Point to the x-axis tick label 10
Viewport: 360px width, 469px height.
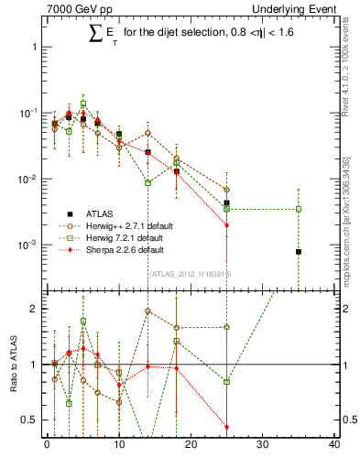click(x=119, y=446)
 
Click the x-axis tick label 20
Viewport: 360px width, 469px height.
click(x=191, y=446)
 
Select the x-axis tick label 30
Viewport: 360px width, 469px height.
click(x=263, y=446)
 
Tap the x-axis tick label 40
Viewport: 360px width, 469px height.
click(x=334, y=446)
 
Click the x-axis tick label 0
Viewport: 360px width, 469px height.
click(x=47, y=446)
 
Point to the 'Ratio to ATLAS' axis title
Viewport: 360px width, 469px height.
click(x=12, y=365)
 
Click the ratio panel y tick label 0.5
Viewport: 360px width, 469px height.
click(x=32, y=420)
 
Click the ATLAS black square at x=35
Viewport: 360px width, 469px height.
click(x=299, y=251)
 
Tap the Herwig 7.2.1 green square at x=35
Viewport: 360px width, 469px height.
click(x=299, y=209)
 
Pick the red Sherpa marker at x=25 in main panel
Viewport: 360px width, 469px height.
click(x=226, y=224)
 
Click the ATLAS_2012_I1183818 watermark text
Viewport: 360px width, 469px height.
click(x=191, y=273)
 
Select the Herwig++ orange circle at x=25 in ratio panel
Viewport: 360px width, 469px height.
click(x=226, y=327)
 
